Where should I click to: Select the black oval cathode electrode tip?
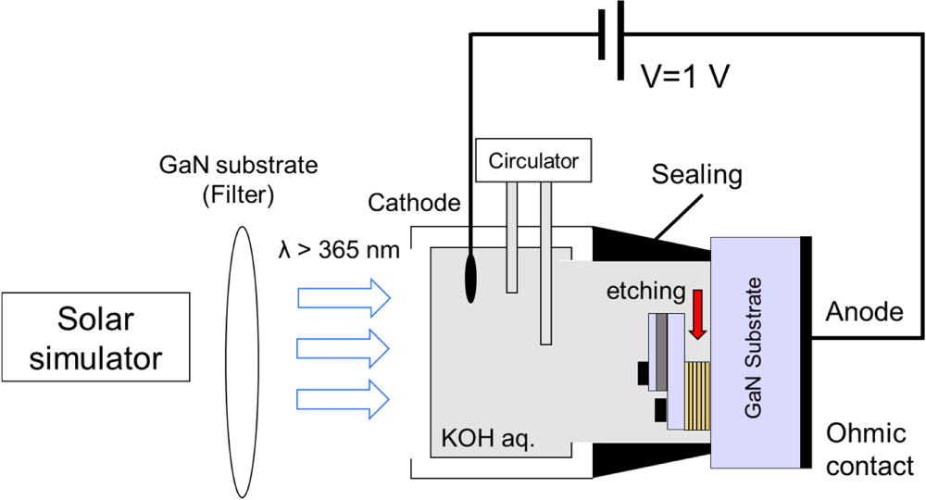(x=470, y=279)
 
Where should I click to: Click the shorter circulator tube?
(x=511, y=237)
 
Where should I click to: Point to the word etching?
(x=644, y=293)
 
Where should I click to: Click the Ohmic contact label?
(x=870, y=449)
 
